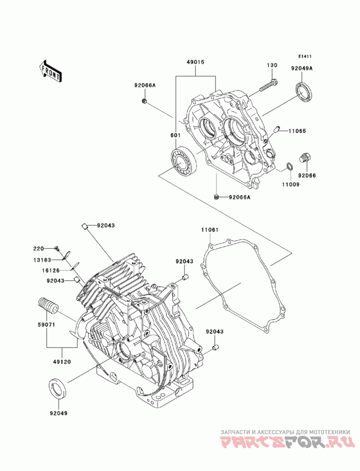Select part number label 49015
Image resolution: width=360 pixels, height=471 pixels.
click(195, 62)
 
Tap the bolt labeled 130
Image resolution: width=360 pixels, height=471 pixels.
click(268, 85)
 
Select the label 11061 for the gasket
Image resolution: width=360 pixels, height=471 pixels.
click(210, 230)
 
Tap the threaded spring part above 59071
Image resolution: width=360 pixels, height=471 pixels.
click(48, 305)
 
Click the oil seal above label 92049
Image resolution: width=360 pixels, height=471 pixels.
click(58, 390)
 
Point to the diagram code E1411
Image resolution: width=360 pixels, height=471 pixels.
click(305, 56)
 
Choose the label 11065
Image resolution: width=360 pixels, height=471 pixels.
click(297, 131)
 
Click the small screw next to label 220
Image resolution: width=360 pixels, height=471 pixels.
click(57, 248)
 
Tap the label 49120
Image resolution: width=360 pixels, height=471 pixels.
click(62, 362)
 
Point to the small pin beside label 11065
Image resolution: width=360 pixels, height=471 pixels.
click(276, 130)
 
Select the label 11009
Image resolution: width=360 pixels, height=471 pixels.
click(290, 185)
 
